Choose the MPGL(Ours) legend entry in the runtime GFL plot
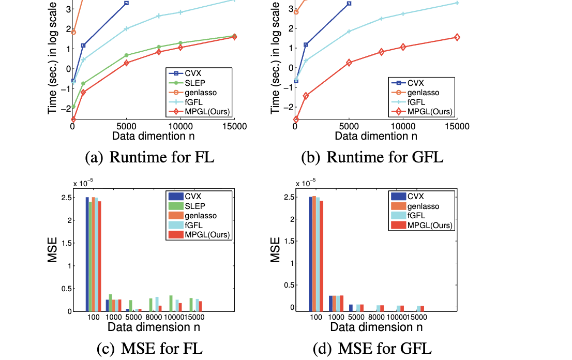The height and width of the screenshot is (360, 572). tap(430, 112)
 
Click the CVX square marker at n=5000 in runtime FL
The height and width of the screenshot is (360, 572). tap(126, 3)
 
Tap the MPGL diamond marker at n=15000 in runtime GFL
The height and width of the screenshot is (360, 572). tap(457, 37)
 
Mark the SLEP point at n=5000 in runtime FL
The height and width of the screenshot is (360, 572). tap(126, 55)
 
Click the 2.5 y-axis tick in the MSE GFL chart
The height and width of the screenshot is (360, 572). tap(300, 197)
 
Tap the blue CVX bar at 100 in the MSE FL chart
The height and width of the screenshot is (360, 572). tap(87, 253)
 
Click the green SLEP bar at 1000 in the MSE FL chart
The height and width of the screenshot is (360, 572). tap(111, 303)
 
